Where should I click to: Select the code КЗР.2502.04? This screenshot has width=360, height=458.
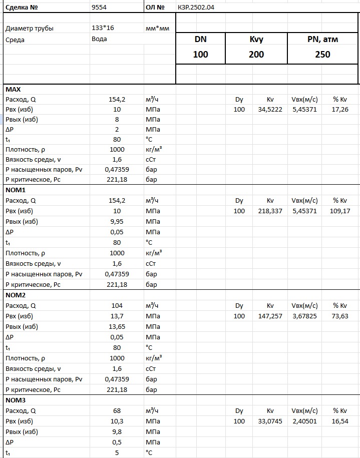pos(197,8)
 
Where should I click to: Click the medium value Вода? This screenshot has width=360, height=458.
pos(99,39)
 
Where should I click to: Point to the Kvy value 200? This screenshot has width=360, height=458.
pos(256,55)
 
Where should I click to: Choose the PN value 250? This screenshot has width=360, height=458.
pos(322,55)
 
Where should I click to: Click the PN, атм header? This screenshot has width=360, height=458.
pos(322,40)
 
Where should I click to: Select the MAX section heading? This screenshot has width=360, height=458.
pos(13,89)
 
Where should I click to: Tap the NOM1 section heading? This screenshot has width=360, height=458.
pos(16,190)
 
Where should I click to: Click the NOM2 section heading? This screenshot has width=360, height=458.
pos(16,295)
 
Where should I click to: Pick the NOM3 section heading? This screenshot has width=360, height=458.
pos(16,400)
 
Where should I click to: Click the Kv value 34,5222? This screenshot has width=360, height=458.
pos(270,110)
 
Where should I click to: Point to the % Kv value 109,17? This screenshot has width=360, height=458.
pos(340,211)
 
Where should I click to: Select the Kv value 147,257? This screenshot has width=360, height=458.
pos(270,316)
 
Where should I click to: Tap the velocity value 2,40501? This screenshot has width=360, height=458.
pos(305,421)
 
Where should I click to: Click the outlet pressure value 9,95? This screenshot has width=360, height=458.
pos(117,222)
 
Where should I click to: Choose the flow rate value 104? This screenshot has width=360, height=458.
pos(117,306)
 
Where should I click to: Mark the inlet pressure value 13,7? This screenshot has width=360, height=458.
pos(117,316)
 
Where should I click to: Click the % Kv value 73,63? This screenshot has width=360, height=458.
pos(340,316)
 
